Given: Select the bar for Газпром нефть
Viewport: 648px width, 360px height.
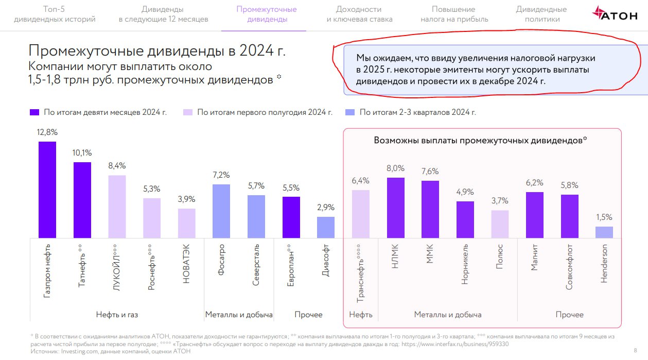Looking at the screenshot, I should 47,190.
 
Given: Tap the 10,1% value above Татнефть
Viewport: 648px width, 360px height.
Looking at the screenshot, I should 82,153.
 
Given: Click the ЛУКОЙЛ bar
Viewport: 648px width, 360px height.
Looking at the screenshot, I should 117,207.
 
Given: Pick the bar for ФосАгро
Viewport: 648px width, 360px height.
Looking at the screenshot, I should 221,211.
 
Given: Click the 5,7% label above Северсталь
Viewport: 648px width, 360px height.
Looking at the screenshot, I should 256,186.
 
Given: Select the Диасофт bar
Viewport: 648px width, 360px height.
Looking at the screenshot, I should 325,227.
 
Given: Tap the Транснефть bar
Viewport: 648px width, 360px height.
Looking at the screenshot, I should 360,214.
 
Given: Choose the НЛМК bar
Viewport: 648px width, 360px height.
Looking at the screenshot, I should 395,208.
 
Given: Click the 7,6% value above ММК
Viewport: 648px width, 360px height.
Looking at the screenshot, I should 430,172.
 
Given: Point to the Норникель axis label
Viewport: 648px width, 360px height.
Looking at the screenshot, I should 465,264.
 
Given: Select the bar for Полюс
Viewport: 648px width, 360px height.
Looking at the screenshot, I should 500,224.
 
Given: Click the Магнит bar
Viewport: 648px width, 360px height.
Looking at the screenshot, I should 535,215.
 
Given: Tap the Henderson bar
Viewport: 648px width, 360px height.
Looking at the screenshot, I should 604,232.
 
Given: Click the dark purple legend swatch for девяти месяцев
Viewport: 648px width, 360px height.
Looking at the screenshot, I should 34,112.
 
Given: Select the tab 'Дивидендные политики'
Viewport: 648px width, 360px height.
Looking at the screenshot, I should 541,14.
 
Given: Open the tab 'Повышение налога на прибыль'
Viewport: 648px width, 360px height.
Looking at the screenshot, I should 454,14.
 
